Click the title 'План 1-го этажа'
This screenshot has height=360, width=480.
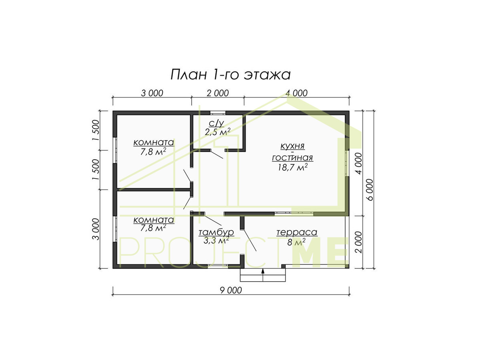tap(230, 75)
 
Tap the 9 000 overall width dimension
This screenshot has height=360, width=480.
tap(231, 290)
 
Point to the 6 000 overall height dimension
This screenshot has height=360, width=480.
tap(370, 190)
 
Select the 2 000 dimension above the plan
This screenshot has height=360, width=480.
tap(218, 93)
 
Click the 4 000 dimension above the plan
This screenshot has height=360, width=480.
tap(296, 93)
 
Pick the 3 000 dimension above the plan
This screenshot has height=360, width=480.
tap(152, 93)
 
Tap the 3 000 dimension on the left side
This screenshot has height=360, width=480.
tap(96, 229)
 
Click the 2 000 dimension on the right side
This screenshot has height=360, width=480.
tap(358, 242)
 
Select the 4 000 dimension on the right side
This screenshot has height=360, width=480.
tap(358, 164)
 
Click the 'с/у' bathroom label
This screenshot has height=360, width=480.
tap(216, 123)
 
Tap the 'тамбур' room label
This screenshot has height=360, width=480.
tap(216, 232)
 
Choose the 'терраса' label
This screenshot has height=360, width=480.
tap(297, 232)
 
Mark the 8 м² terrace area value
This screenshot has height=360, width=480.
tap(296, 242)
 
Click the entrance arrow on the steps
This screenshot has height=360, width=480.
tap(263, 272)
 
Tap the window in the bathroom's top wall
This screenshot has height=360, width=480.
tap(218, 113)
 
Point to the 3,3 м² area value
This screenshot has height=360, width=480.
tap(216, 241)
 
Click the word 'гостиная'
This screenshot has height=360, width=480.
tap(292, 158)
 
